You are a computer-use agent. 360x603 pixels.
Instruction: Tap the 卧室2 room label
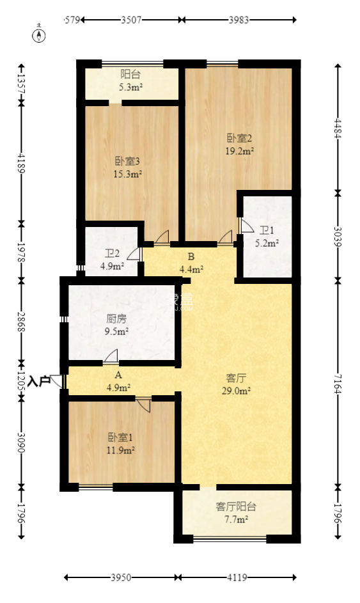pyautogui.click(x=240, y=137)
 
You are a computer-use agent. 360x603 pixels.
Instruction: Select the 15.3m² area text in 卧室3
pyautogui.click(x=128, y=173)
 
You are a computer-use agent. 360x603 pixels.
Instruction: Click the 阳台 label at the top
pyautogui.click(x=131, y=75)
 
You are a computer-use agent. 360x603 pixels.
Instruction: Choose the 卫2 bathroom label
pyautogui.click(x=112, y=254)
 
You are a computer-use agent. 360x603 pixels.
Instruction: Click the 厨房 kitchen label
pyautogui.click(x=116, y=318)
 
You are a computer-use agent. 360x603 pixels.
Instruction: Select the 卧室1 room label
pyautogui.click(x=120, y=437)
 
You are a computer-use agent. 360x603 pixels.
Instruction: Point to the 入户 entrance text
pyautogui.click(x=40, y=381)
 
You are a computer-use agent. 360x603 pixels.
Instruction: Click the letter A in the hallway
pyautogui.click(x=118, y=376)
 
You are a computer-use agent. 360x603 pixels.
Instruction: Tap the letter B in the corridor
pyautogui.click(x=191, y=258)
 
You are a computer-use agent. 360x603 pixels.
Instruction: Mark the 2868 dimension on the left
pyautogui.click(x=22, y=320)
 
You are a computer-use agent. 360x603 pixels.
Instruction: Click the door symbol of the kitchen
pyautogui.click(x=111, y=356)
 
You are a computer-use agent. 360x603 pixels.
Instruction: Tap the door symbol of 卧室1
pyautogui.click(x=144, y=404)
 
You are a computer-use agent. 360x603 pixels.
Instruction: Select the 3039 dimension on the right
pyautogui.click(x=337, y=235)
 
